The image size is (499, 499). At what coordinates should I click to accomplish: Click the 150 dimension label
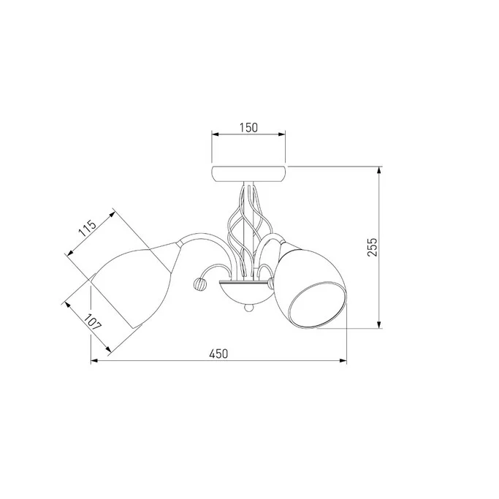click(248, 127)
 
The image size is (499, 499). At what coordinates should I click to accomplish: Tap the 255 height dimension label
click(372, 247)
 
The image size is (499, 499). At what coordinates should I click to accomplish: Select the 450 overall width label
click(218, 354)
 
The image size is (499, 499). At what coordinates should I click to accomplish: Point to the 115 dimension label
click(87, 228)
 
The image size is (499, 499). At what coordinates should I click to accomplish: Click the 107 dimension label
click(93, 322)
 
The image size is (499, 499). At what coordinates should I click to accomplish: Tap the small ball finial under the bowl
click(248, 308)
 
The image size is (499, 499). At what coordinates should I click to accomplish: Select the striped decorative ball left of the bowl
click(199, 283)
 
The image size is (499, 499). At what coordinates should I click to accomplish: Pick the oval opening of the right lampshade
click(317, 305)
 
